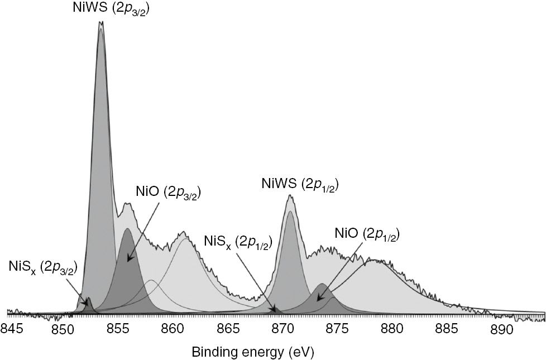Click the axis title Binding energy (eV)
[x=252, y=353]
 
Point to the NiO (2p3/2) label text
[x=168, y=193]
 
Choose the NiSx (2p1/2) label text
[x=237, y=241]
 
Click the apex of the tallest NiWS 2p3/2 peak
[x=101, y=22]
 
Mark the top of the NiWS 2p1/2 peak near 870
[x=289, y=195]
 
